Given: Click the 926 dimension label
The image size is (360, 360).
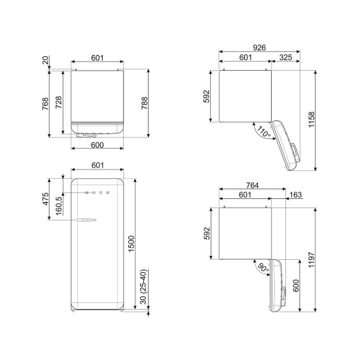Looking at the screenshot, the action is point(259,48).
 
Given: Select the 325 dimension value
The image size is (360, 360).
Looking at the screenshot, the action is point(285,57).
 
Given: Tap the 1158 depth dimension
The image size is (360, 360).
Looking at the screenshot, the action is point(312,120).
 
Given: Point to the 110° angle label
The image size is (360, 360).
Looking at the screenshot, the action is point(264,132).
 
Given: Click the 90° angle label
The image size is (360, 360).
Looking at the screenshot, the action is point(263,268).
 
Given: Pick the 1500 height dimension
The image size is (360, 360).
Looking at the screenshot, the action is point(131,244).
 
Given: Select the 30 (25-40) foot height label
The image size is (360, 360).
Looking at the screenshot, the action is point(143,287).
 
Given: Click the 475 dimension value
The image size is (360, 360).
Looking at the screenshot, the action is point(46,199).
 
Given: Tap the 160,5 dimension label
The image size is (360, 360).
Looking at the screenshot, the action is point(59,206).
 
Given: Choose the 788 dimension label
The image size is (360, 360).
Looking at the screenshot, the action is point(145,103).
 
